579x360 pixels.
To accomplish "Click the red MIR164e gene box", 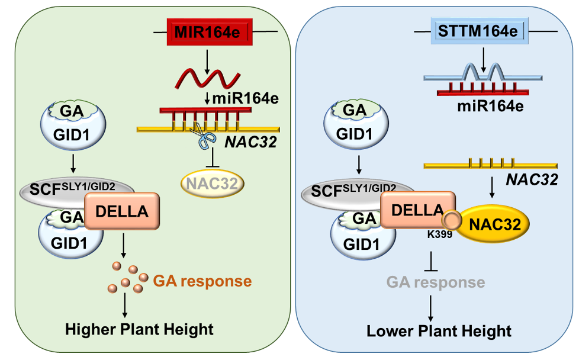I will click(x=207, y=31).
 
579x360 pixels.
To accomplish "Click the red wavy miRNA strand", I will click(x=207, y=77).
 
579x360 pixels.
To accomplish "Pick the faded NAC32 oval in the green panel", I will click(x=211, y=184).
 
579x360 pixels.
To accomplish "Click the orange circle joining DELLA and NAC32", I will click(x=452, y=221).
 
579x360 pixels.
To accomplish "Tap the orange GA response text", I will click(x=203, y=281).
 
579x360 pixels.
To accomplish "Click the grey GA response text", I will click(x=435, y=282).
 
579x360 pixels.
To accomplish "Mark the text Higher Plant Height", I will click(x=139, y=329).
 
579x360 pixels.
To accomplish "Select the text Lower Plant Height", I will click(x=439, y=330).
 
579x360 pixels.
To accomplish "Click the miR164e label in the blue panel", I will click(x=487, y=107).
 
